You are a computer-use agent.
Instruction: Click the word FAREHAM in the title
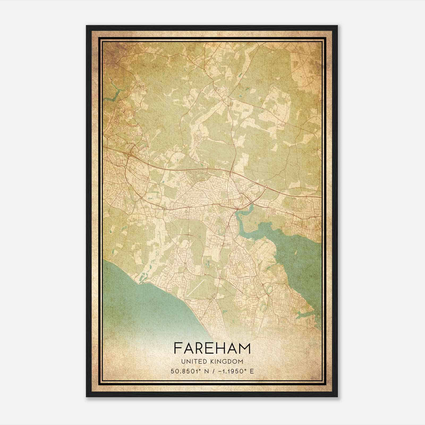tap(212, 348)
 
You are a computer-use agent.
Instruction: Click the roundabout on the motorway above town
tap(228, 173)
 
